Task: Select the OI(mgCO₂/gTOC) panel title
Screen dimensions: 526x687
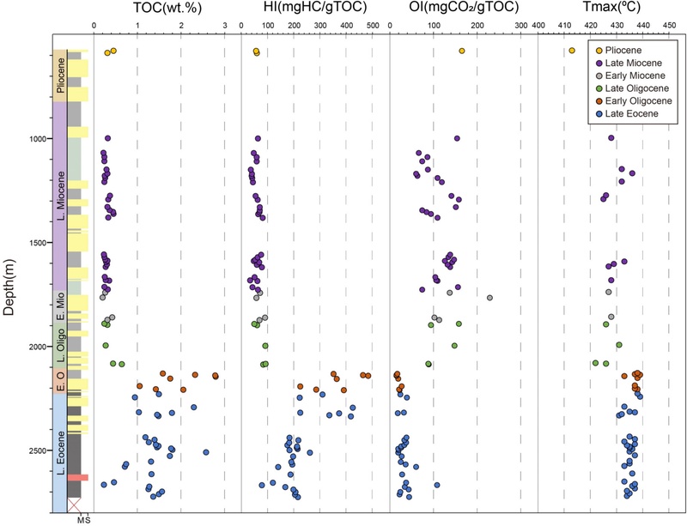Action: click(460, 9)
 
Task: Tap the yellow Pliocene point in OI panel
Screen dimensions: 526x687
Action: click(462, 51)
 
